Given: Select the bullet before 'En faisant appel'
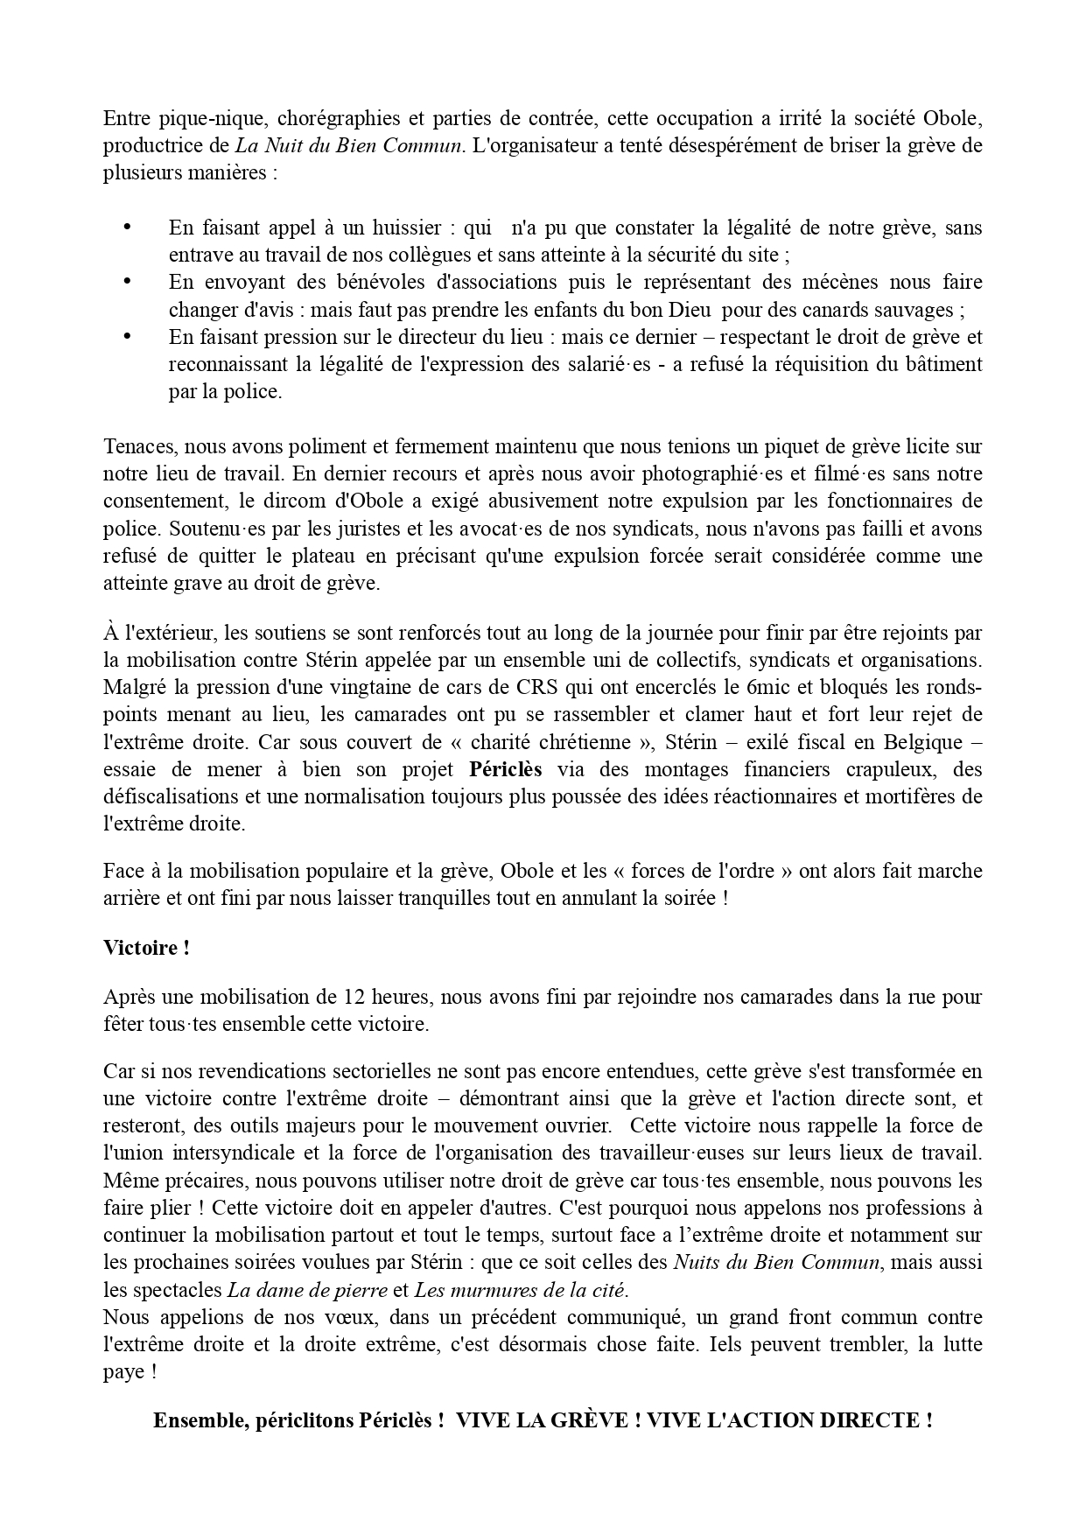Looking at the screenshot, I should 127,227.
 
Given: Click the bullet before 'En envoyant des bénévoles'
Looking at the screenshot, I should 127,281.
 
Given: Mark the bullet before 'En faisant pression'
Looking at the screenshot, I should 127,335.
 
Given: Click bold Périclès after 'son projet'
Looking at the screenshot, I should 505,769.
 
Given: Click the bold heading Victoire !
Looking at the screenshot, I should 146,947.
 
